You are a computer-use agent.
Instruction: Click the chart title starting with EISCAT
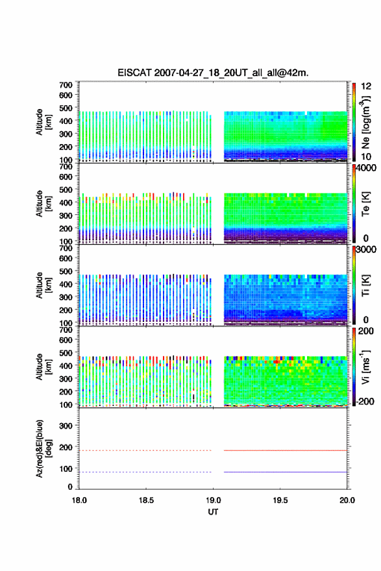pos(213,73)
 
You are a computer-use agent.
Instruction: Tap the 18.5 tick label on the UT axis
pos(146,500)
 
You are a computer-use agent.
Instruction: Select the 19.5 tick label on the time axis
pos(280,500)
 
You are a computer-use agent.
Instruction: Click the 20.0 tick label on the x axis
pos(347,500)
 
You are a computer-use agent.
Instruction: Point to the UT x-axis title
pos(213,512)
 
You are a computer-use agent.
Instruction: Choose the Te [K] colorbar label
pos(365,204)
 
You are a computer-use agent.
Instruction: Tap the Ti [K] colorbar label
pos(365,285)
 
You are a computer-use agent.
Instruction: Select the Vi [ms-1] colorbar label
pos(365,367)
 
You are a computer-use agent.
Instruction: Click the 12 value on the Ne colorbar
pos(366,86)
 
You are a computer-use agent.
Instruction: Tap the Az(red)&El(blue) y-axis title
pos(43,448)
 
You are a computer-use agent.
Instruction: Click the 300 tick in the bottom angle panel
pos(66,426)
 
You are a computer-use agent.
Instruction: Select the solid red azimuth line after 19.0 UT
pos(285,450)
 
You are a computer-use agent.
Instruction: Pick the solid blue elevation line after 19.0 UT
pos(285,472)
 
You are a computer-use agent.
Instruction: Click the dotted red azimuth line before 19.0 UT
pos(145,450)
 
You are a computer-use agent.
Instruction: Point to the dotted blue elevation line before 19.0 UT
pos(145,472)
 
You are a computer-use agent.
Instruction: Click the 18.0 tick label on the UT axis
pos(79,500)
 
